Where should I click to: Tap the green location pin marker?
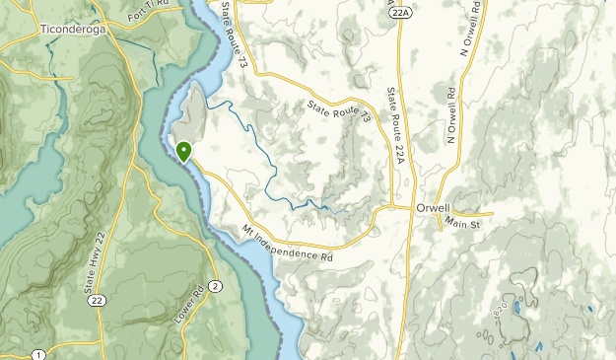coord(183,151)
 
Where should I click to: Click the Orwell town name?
coord(460,209)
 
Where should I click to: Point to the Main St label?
coord(460,225)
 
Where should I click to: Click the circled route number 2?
coord(215,286)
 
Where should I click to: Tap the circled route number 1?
coord(37,354)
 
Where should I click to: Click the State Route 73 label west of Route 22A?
coord(338,111)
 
